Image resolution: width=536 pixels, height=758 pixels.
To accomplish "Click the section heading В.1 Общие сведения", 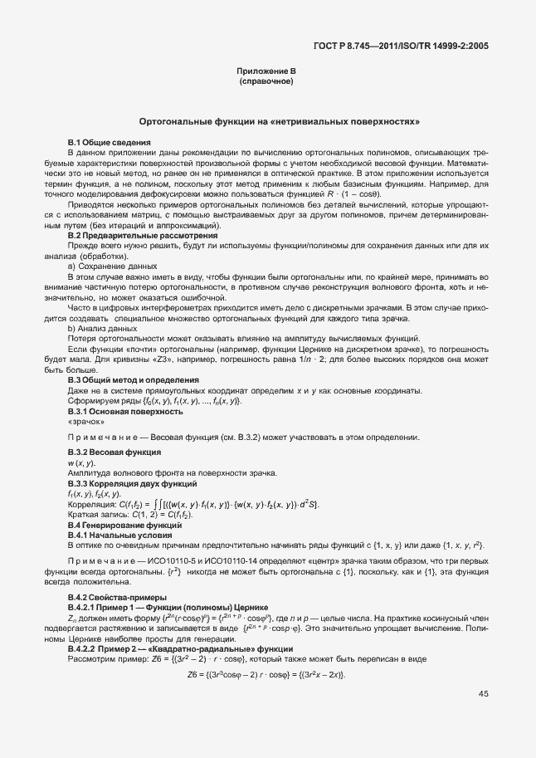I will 109,144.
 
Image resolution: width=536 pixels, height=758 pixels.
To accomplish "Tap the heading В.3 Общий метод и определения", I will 133,379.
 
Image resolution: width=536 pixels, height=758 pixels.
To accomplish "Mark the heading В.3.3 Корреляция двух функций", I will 132,483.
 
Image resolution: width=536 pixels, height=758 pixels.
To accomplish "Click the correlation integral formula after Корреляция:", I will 216,504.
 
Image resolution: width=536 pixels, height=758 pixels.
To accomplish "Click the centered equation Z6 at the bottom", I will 267,674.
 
